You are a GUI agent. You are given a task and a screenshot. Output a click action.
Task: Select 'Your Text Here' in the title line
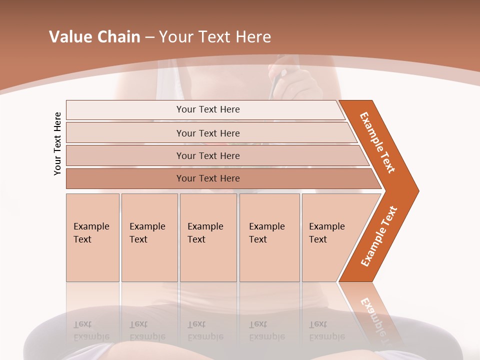[x=215, y=37]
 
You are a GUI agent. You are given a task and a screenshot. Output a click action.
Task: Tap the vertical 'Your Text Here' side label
[x=57, y=143]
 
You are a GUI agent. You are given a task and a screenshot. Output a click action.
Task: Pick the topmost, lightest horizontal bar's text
[x=208, y=109]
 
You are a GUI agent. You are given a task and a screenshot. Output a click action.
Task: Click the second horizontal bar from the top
[x=208, y=133]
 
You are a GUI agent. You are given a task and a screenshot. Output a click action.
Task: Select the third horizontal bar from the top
[x=208, y=155]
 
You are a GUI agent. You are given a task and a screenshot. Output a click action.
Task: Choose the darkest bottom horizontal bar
[x=208, y=178]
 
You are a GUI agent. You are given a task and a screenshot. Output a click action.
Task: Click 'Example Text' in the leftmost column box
[x=91, y=233]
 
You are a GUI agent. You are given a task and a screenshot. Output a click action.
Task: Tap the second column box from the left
[x=147, y=233]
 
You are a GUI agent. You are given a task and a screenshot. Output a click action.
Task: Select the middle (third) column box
[x=205, y=233]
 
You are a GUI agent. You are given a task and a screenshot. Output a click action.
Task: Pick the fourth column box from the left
[x=267, y=233]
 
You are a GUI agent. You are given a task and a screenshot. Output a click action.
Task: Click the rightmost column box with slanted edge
[x=327, y=233]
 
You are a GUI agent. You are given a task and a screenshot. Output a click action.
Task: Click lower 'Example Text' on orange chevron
[x=379, y=236]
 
